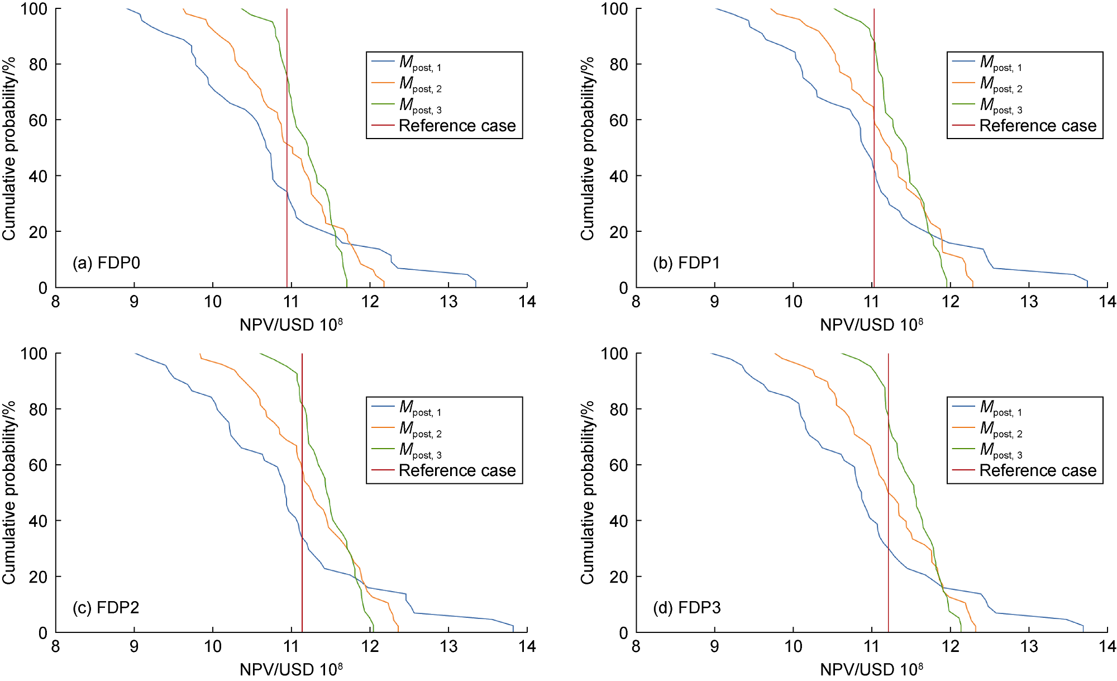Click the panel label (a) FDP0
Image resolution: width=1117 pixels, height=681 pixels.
pos(106,263)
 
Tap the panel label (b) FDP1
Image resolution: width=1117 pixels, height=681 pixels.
pos(686,263)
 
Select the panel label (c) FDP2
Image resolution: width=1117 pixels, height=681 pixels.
pos(106,607)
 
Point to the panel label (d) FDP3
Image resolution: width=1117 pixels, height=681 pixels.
pos(686,607)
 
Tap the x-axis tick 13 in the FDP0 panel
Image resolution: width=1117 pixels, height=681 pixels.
pos(448,302)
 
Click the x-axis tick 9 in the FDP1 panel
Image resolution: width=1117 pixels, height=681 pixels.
pos(714,302)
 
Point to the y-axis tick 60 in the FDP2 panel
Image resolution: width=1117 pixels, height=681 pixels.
pos(37,465)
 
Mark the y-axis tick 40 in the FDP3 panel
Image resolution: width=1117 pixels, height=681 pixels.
pos(618,521)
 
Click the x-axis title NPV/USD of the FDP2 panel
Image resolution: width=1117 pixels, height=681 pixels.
pos(291,669)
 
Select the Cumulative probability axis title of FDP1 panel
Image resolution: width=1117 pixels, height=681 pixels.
pos(587,148)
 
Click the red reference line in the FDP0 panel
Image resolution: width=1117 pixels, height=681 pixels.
pos(287,168)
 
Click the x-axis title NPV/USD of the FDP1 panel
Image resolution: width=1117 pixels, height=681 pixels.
pos(871,324)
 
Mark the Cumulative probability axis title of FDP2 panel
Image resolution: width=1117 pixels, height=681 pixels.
pos(8,493)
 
